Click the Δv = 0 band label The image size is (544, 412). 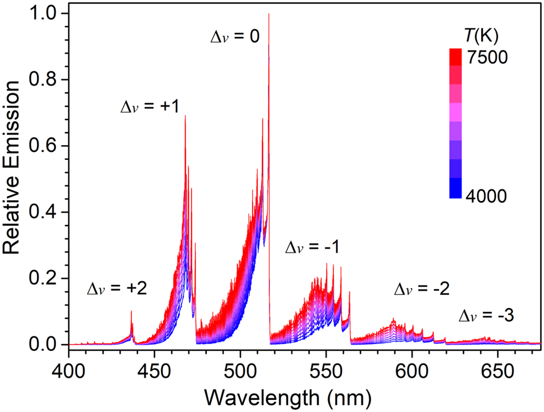point(235,37)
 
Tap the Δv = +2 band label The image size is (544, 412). point(117,289)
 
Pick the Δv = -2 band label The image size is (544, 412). point(422,289)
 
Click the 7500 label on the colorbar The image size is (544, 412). point(487,57)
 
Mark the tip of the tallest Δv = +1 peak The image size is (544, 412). point(185,116)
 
